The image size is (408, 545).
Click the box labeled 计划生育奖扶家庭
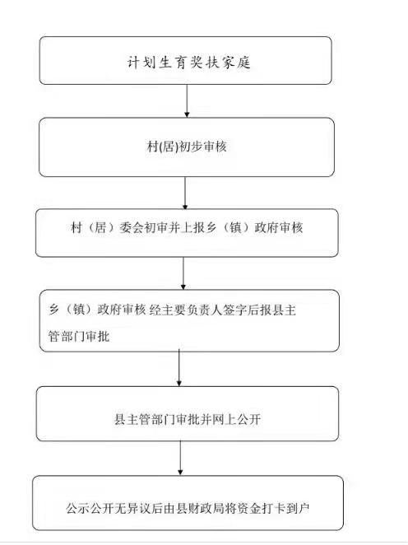pos(185,60)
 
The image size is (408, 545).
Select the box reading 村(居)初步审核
pos(187,147)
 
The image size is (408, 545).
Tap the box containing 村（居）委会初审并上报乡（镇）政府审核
pos(187,233)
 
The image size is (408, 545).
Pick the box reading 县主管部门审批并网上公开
pos(188,413)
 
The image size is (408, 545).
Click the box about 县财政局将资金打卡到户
pos(188,503)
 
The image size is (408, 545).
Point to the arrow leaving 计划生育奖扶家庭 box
pos(187,100)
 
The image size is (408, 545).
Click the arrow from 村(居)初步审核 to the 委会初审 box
pos(185,193)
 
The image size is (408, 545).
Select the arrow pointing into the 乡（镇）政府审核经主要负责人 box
pos(183,273)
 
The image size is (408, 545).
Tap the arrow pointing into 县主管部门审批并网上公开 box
pos(179,368)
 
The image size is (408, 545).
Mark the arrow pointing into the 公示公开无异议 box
pos(180,458)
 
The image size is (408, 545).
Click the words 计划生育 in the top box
pos(149,63)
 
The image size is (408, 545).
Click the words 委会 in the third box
pos(131,228)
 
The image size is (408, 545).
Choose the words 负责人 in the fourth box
pos(204,310)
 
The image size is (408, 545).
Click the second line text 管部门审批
pos(78,336)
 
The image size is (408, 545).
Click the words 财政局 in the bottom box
pos(206,509)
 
